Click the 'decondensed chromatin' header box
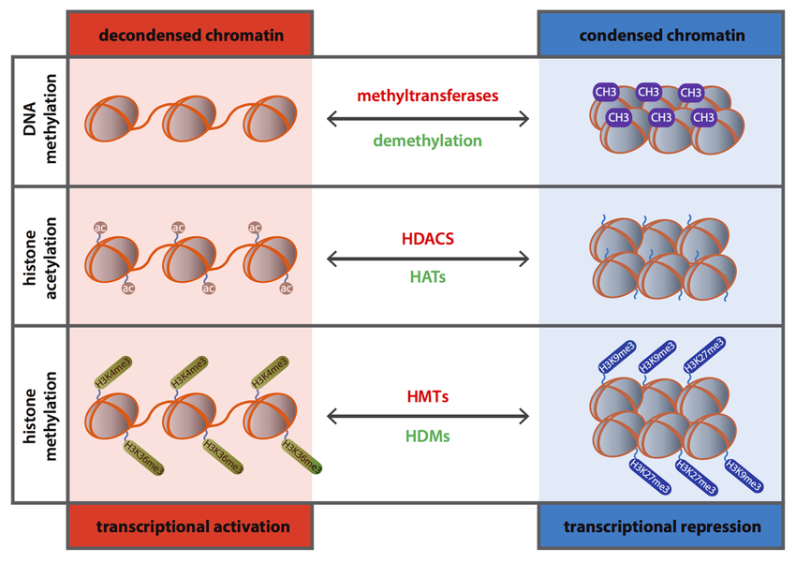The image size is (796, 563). coord(189,35)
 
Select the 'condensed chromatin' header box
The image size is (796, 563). coord(662,35)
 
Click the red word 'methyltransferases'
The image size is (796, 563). coord(427,96)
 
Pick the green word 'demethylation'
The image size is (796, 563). coord(427,141)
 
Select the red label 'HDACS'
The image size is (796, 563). coord(427,239)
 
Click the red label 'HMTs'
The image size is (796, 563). coord(427,396)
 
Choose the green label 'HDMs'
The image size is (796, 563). coord(427,437)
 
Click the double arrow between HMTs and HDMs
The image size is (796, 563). coord(427,416)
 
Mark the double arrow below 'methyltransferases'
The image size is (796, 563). coord(427,119)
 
